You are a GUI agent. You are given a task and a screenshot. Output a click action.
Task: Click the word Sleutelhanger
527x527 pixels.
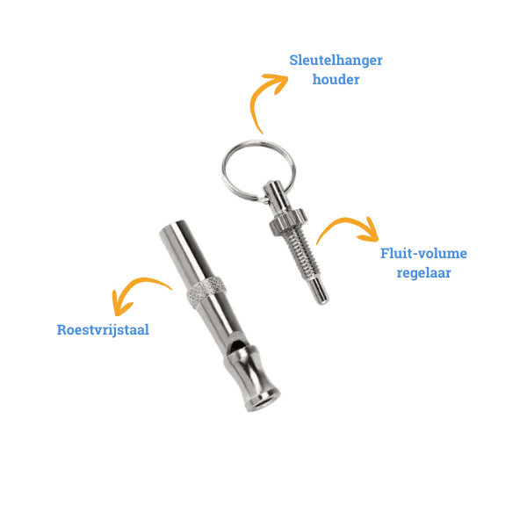pyautogui.click(x=336, y=61)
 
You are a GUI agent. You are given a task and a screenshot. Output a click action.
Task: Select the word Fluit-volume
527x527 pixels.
pyautogui.click(x=423, y=254)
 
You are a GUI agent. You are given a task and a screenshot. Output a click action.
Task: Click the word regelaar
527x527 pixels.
pyautogui.click(x=423, y=272)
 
